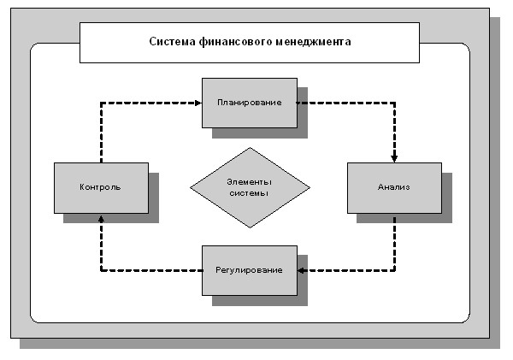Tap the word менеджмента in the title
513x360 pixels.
tap(314, 42)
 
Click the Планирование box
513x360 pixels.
tap(250, 103)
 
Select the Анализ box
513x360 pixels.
tap(394, 188)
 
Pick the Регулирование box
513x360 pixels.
tap(250, 271)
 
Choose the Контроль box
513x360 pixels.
tap(101, 188)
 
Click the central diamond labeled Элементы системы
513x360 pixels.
tap(250, 187)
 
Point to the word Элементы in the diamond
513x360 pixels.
tap(250, 182)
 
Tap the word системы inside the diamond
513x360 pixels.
tap(249, 193)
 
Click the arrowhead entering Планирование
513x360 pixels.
tap(198, 103)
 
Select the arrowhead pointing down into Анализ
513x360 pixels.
tap(394, 159)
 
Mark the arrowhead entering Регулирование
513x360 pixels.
tap(301, 271)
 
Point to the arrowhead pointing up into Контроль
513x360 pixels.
tap(102, 218)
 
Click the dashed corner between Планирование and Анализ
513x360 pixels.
tap(394, 103)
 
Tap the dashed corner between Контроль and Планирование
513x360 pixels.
tap(102, 103)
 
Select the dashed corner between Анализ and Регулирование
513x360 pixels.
tap(394, 271)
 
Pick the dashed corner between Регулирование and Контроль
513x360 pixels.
tap(102, 271)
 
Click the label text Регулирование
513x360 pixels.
tap(249, 270)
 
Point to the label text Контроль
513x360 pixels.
tap(100, 187)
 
